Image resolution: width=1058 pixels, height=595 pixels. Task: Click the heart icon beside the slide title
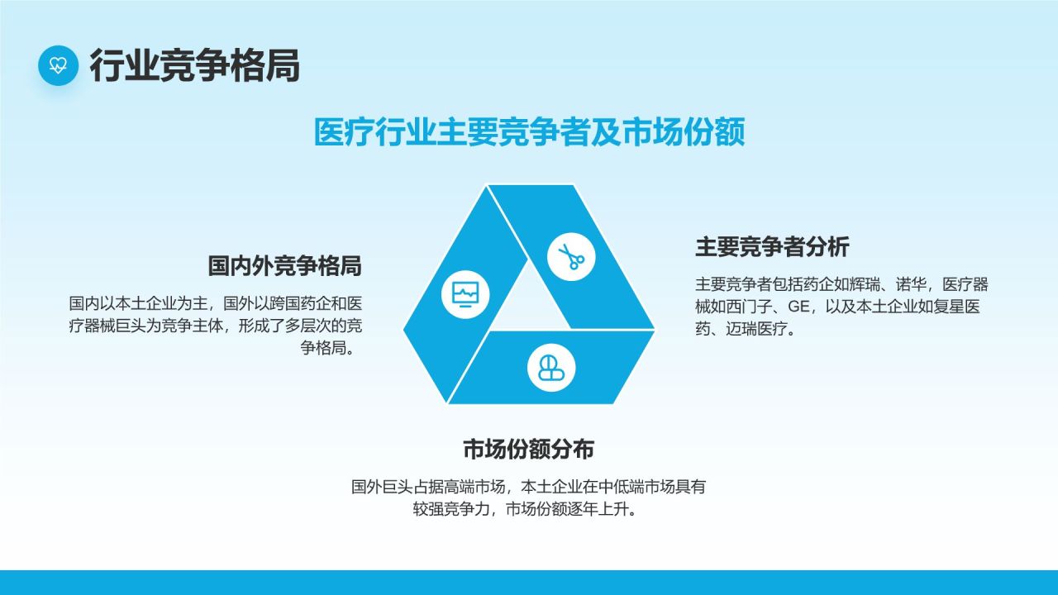tap(58, 65)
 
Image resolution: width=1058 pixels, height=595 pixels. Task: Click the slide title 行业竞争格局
tap(194, 65)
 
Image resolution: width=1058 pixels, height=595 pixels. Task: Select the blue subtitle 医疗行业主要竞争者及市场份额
tap(530, 131)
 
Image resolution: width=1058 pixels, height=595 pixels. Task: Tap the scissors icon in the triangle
tap(571, 256)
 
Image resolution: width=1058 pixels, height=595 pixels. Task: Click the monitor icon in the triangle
tap(465, 294)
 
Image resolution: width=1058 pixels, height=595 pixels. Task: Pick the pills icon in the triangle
tap(551, 368)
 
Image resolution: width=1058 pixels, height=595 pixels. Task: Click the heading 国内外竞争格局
tap(285, 265)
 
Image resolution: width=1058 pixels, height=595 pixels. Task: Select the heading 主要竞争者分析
tap(772, 246)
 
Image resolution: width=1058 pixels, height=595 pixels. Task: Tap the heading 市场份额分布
tap(528, 449)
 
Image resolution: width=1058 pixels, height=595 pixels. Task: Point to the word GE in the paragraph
tap(798, 307)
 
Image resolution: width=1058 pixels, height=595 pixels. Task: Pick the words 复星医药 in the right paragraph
tap(950, 307)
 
